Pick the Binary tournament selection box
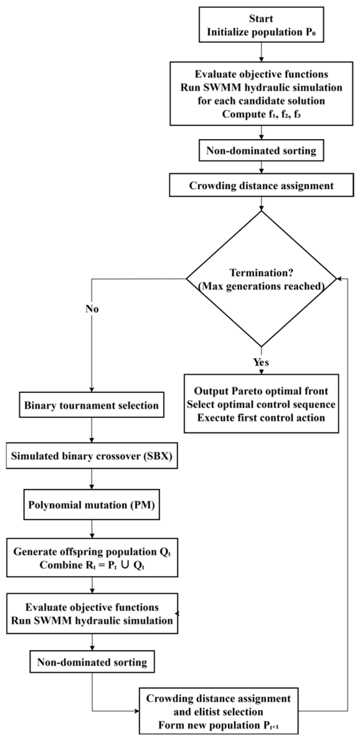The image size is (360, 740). pyautogui.click(x=92, y=406)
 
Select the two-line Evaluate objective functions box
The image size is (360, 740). pyautogui.click(x=92, y=613)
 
